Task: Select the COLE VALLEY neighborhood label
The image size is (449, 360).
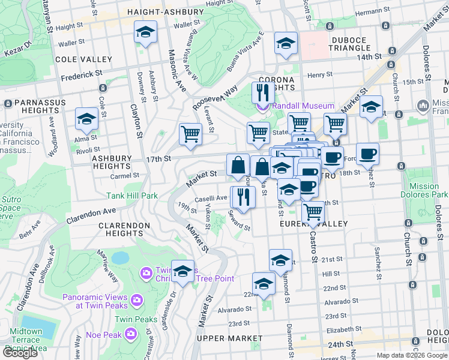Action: point(83,59)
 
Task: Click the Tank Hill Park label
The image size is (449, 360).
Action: point(132,196)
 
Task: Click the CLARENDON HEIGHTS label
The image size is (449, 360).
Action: point(124,230)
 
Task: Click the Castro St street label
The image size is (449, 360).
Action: point(313,251)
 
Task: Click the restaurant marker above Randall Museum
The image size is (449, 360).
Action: point(262,93)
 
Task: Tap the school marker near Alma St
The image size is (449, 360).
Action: point(87,119)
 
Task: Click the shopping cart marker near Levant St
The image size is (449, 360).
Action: point(190,134)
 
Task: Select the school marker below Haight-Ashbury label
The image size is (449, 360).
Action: point(145,32)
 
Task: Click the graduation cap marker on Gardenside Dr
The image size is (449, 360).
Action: point(182,272)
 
